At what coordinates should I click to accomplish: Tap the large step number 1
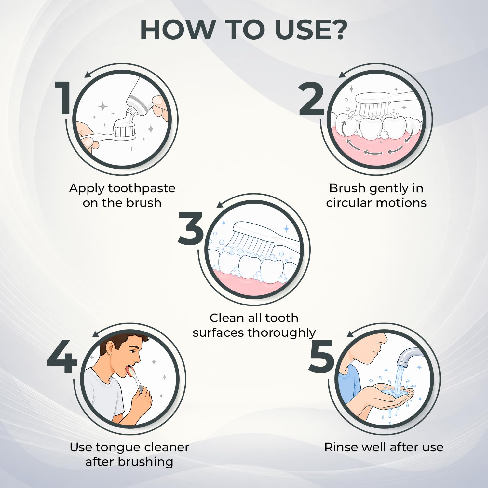pos(63,98)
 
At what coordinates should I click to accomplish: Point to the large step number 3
pos(191,228)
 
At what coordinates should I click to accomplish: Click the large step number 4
pos(62,357)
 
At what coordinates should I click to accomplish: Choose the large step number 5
pos(321,356)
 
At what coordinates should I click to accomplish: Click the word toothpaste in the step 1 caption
pos(142,188)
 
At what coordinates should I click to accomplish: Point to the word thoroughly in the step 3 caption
pos(282,333)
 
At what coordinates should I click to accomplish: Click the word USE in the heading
pos(302,30)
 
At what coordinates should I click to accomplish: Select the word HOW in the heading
pos(176,30)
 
